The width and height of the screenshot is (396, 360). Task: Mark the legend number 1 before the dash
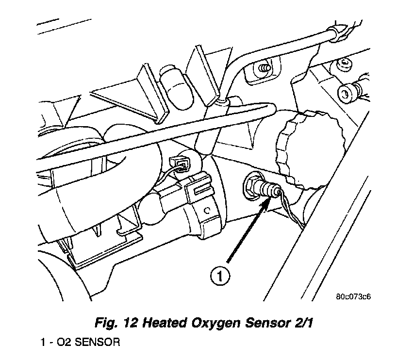(44, 343)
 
